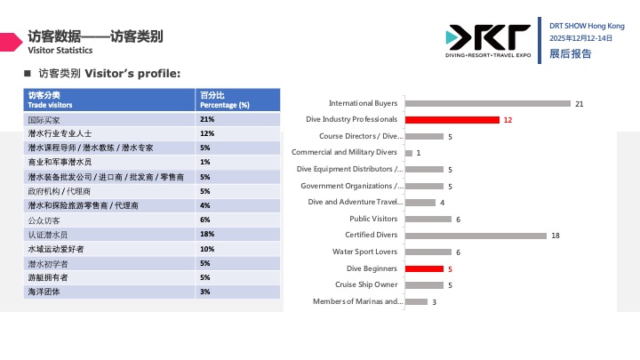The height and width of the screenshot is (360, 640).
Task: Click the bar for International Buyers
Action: pos(487,104)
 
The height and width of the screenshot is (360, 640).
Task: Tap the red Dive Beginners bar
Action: pos(424,268)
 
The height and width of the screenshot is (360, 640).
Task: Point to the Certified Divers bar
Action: pos(476,236)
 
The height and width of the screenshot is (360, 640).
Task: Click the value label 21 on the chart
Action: pos(579,104)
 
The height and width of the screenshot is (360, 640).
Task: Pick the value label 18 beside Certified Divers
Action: pos(556,236)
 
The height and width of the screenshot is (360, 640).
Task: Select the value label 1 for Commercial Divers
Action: pos(418,153)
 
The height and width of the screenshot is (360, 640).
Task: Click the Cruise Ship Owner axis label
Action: pos(366,284)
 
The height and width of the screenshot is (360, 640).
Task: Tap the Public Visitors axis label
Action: pos(373,219)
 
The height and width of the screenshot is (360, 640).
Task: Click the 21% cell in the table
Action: pos(208,119)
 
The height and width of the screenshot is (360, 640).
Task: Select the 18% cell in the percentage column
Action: pos(208,234)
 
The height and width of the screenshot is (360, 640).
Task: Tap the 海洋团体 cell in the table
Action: pos(44,292)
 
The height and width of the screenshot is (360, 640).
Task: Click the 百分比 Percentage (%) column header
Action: pos(224,100)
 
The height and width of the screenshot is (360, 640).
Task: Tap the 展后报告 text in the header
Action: pos(570,54)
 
